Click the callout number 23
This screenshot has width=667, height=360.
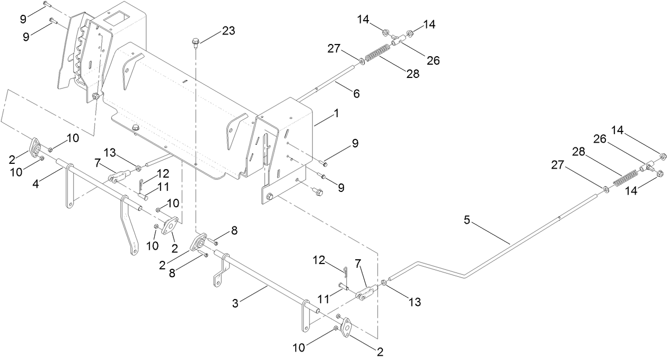point(228,31)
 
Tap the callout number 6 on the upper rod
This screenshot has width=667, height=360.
point(356,93)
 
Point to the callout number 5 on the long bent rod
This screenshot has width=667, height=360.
point(467,220)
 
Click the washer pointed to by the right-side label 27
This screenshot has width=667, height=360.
point(605,188)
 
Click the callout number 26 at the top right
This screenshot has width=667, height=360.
point(433,60)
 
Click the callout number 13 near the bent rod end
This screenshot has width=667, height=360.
point(414,302)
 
